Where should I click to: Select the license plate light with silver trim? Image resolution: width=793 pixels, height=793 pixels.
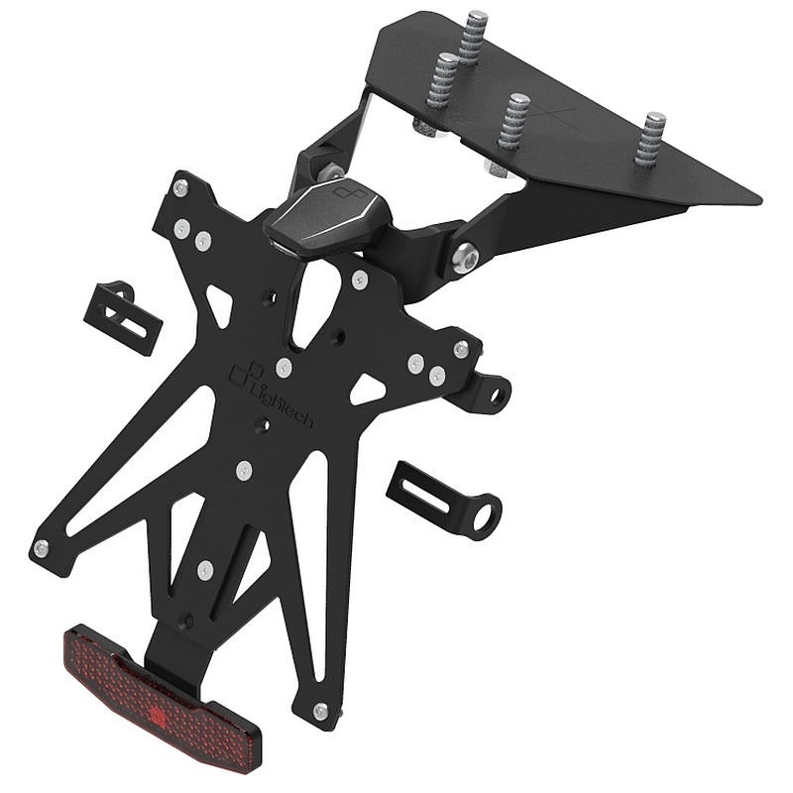(x=328, y=212)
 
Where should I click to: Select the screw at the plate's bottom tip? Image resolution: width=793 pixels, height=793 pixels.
(x=320, y=711)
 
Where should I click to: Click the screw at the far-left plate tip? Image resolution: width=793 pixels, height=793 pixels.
(x=41, y=547)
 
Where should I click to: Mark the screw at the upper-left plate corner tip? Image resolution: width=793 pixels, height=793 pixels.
(x=179, y=187)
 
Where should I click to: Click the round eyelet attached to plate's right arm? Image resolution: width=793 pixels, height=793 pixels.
(x=495, y=393)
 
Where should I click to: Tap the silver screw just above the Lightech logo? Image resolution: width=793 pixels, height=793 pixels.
(x=283, y=369)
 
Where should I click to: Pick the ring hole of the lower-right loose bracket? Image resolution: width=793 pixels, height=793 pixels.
(x=484, y=517)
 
